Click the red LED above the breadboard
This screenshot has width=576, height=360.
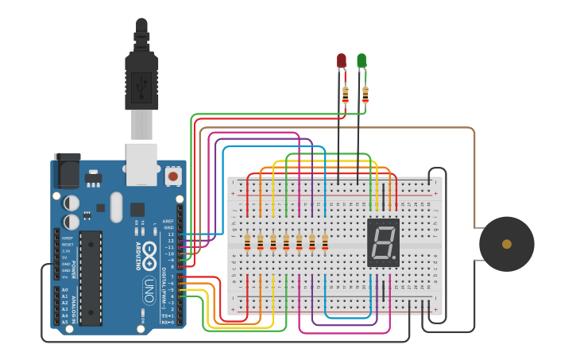click(342, 60)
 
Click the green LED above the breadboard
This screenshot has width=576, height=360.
click(361, 60)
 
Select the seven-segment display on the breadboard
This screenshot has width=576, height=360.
click(383, 242)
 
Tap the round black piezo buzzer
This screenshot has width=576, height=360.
click(506, 244)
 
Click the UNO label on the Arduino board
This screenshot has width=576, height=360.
click(149, 291)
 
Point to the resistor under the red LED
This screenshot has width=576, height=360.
click(345, 95)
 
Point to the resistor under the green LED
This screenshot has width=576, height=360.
click(365, 95)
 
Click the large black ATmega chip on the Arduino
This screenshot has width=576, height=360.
click(91, 278)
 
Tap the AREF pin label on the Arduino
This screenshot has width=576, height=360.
click(168, 221)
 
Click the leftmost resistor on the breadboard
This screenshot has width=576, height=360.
click(247, 242)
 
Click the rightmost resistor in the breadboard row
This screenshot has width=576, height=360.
click(325, 242)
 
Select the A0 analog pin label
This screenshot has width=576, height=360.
click(64, 290)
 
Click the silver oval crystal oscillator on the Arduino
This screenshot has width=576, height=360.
click(117, 207)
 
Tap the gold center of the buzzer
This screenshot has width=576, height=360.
click(506, 244)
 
